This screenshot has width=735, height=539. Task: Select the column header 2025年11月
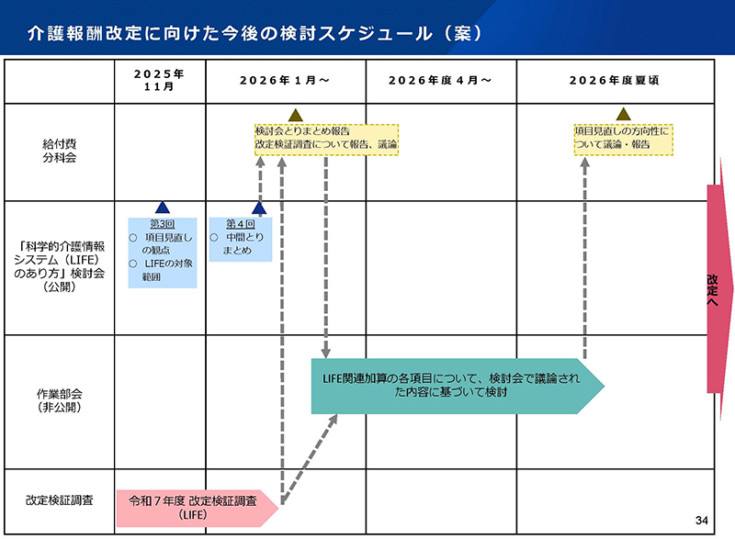coord(159,81)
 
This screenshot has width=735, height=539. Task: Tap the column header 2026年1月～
coord(285,81)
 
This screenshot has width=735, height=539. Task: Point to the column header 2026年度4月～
coord(440,81)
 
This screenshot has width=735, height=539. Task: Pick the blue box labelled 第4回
coord(240,239)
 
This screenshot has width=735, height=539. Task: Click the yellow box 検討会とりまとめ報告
coord(326,139)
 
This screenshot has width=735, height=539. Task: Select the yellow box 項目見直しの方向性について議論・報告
coord(623,139)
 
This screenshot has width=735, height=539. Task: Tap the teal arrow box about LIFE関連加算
coord(455,385)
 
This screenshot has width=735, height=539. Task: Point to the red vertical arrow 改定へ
coord(718,288)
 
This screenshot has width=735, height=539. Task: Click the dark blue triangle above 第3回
coord(163,208)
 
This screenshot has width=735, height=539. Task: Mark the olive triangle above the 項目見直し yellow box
coord(623,115)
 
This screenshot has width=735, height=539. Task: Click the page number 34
coord(702,522)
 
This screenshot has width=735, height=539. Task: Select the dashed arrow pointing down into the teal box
coord(326,257)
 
